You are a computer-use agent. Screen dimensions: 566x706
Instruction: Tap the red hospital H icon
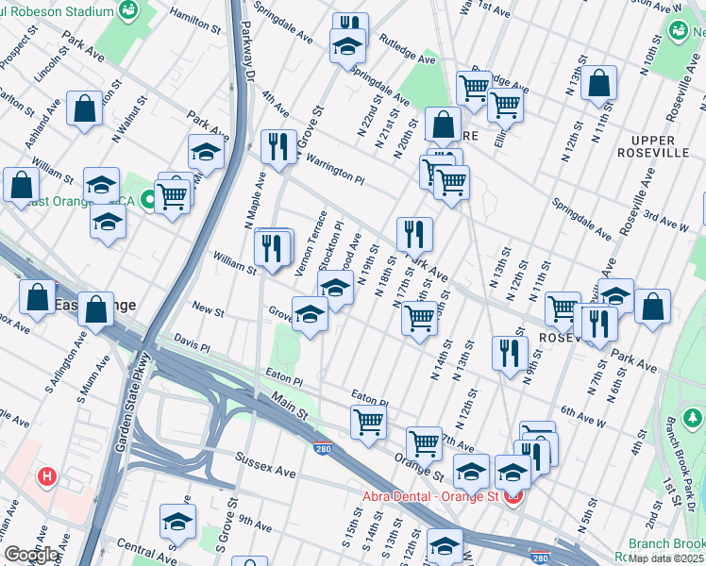44,477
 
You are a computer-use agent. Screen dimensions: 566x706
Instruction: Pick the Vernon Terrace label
310,243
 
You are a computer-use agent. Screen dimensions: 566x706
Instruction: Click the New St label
207,308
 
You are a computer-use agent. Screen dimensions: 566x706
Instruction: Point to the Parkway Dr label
249,52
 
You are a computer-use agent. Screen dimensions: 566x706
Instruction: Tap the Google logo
31,555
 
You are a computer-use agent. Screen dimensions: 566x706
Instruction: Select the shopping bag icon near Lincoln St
85,108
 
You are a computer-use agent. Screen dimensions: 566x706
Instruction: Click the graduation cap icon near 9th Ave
177,521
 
